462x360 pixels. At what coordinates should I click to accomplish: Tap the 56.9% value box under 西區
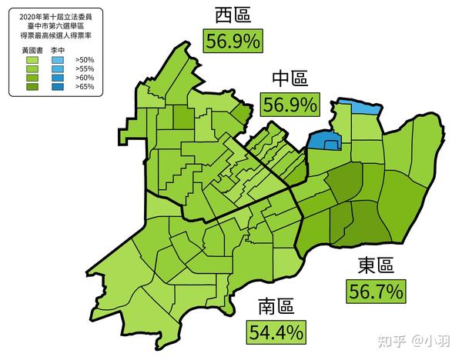(233, 40)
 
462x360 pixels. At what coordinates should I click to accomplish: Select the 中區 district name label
(289, 78)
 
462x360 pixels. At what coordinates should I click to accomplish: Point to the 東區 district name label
(375, 266)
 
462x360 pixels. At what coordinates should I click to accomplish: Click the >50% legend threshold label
(83, 58)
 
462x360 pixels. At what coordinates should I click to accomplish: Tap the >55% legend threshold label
(83, 68)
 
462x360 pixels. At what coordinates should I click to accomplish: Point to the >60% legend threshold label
(83, 78)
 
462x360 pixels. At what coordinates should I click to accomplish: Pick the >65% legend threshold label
(83, 87)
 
